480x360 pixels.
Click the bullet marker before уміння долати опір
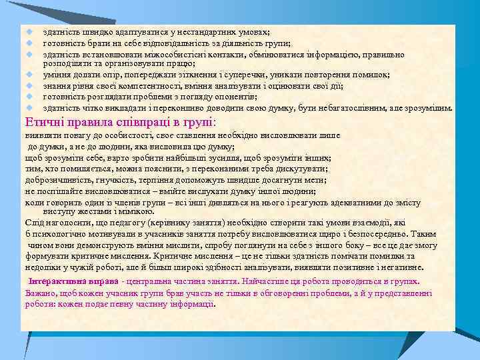pyautogui.click(x=30, y=75)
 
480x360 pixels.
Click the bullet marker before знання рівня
pyautogui.click(x=30, y=86)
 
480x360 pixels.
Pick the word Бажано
pyautogui.click(x=39, y=293)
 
